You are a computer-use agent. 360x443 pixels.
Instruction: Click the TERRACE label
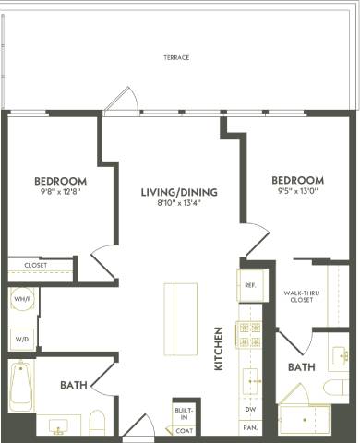click(176, 57)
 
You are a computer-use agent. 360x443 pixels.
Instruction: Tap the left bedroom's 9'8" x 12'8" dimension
click(60, 193)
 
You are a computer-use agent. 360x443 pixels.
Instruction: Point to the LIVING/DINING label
click(179, 193)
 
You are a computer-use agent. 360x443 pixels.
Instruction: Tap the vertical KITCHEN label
click(219, 348)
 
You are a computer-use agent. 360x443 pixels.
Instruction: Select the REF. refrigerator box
click(250, 285)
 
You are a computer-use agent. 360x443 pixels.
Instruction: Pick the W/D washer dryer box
click(22, 339)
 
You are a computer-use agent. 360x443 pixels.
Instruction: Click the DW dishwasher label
click(250, 408)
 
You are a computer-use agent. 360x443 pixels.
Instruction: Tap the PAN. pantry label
click(250, 428)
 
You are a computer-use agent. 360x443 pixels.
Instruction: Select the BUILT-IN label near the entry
click(184, 413)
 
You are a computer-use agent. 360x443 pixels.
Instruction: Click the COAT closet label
click(184, 430)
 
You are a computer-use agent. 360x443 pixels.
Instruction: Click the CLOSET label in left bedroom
click(35, 265)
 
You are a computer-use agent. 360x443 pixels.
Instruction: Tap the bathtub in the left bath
click(20, 386)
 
